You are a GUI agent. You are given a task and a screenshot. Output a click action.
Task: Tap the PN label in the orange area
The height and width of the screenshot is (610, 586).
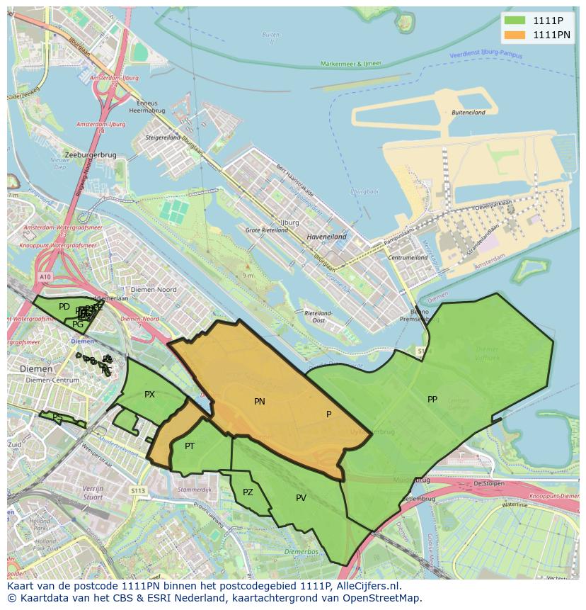point(260,402)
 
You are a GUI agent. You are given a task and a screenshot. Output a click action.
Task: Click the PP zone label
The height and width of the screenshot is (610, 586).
point(432,400)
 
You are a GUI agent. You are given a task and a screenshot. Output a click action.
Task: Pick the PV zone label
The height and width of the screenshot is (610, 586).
point(301,498)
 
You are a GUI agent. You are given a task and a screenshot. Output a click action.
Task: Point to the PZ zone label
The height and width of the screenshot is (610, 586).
point(248,492)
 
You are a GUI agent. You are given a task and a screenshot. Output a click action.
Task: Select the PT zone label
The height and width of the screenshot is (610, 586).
point(190,446)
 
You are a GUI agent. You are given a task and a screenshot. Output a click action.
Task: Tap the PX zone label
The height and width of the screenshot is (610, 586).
point(149,395)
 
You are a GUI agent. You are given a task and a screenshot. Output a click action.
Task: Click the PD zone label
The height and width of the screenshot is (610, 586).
point(64,307)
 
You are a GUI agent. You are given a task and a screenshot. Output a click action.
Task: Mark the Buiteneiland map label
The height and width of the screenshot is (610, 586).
point(468,113)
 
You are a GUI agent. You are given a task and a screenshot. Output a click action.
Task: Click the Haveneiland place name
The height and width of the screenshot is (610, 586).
point(326,237)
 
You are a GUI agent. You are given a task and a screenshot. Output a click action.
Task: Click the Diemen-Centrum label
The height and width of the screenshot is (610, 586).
point(52,380)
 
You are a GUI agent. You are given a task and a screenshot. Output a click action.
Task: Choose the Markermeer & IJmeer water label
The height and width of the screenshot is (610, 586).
point(350,64)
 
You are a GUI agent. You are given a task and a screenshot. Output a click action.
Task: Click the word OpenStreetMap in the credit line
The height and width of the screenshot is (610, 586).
point(386,598)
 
